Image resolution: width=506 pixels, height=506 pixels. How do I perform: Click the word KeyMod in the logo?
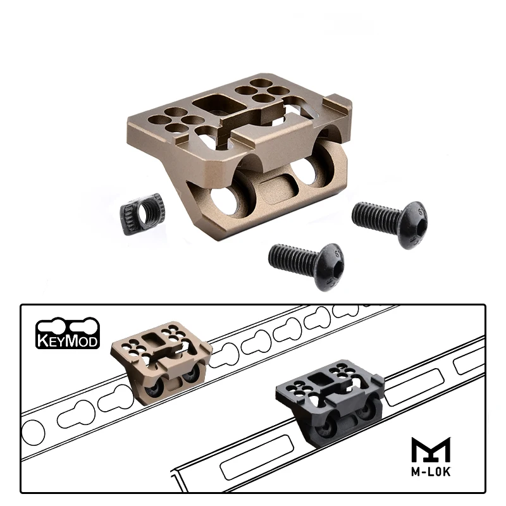pyautogui.click(x=68, y=341)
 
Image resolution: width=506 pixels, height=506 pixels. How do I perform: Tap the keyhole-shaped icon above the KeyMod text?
pyautogui.click(x=68, y=326)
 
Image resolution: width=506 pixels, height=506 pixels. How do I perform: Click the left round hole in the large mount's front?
pyautogui.click(x=223, y=199)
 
